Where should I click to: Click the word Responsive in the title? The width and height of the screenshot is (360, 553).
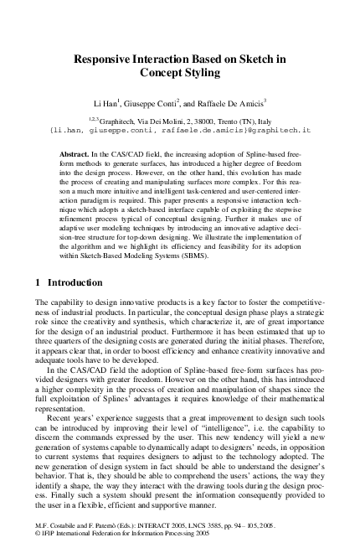(x=105, y=59)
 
